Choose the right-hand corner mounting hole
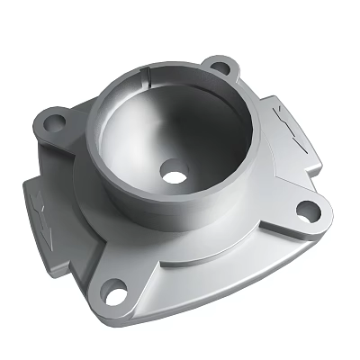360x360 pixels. pyautogui.click(x=308, y=212)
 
